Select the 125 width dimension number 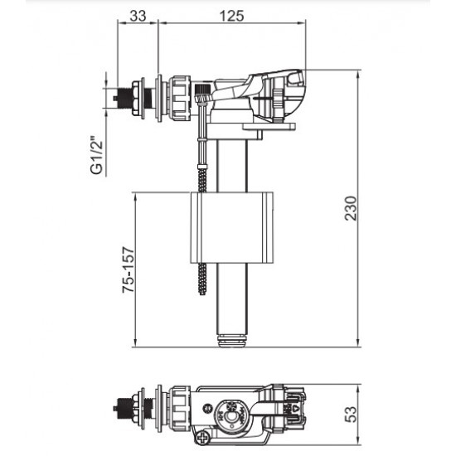coord(232,16)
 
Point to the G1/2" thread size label coord(97,155)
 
